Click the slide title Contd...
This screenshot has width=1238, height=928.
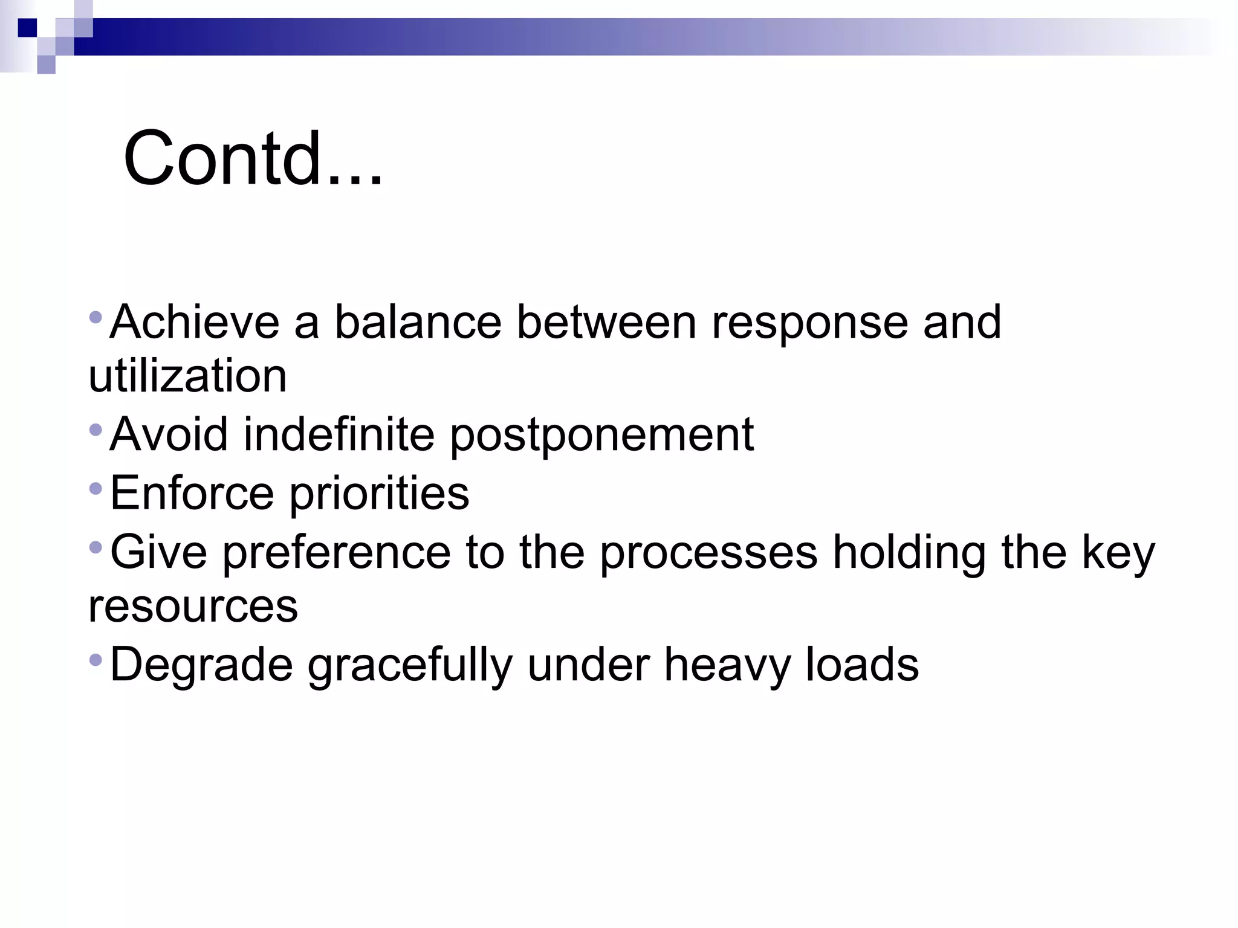point(253,159)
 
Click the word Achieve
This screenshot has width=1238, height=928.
point(194,322)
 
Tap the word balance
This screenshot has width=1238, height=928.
point(418,322)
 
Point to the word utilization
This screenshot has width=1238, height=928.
point(187,376)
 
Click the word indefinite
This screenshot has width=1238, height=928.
point(339,434)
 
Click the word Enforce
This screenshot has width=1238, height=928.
point(192,493)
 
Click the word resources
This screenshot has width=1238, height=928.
point(193,607)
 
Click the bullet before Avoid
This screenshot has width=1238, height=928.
point(96,430)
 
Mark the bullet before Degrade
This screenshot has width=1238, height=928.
point(96,660)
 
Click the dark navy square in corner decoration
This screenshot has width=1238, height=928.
point(27,28)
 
